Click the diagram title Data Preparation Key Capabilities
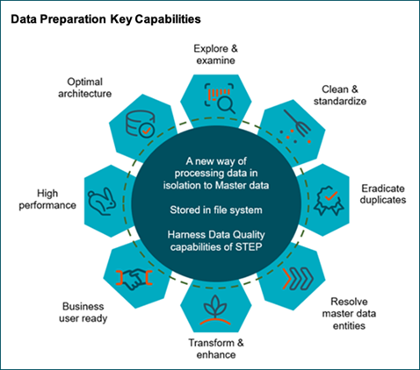(x=105, y=19)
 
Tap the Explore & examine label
(x=216, y=54)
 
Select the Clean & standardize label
(x=340, y=95)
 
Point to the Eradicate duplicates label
(x=383, y=194)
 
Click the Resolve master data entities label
(x=349, y=314)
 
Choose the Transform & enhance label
(x=216, y=349)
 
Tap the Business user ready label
(x=83, y=312)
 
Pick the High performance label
(x=47, y=199)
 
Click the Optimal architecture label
(x=84, y=88)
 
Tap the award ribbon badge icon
(x=329, y=201)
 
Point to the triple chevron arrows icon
(x=298, y=278)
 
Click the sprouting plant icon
(x=215, y=310)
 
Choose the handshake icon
(x=134, y=279)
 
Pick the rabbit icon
(x=102, y=201)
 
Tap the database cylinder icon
(x=141, y=124)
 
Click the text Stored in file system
(x=216, y=210)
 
